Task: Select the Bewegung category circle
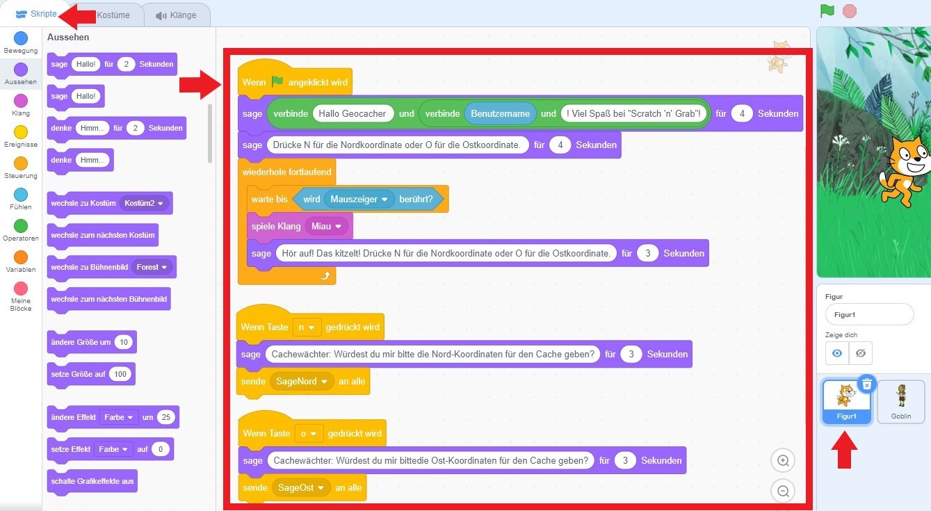pyautogui.click(x=21, y=38)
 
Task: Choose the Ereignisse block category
pyautogui.click(x=21, y=132)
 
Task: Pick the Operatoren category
pyautogui.click(x=21, y=226)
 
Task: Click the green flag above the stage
pyautogui.click(x=827, y=11)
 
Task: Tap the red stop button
pyautogui.click(x=849, y=11)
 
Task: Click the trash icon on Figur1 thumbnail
pyautogui.click(x=866, y=384)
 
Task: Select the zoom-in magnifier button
pyautogui.click(x=783, y=460)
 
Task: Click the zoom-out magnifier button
pyautogui.click(x=783, y=491)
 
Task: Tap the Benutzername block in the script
pyautogui.click(x=500, y=113)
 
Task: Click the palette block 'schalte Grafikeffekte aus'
pyautogui.click(x=92, y=481)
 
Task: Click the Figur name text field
pyautogui.click(x=869, y=314)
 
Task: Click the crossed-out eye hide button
pyautogui.click(x=860, y=353)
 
